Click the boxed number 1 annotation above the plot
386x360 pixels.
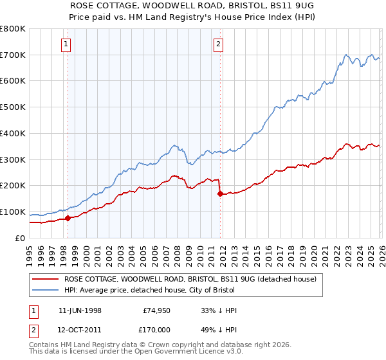click(68, 44)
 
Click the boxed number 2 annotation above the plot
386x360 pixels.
click(219, 44)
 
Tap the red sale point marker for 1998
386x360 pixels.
click(68, 218)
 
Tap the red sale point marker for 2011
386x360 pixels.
click(220, 193)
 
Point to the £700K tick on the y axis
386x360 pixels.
click(13, 55)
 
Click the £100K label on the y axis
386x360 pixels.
click(13, 212)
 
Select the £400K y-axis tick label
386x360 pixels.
click(13, 134)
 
